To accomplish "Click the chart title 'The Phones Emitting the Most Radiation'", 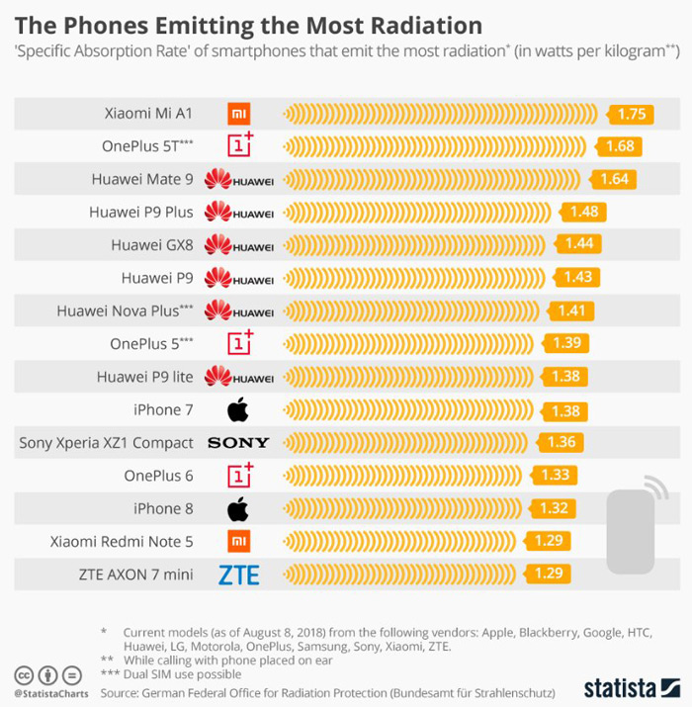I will (x=248, y=24).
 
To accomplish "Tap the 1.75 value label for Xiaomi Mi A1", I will (x=631, y=114).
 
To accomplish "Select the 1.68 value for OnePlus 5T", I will (x=619, y=146).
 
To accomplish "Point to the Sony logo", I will (x=238, y=443).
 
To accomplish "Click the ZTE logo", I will (x=238, y=574).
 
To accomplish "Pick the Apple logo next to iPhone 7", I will (x=237, y=409).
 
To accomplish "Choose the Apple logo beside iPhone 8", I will (x=237, y=509).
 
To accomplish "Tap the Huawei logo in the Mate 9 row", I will (x=238, y=180).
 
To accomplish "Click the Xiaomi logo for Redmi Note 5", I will (x=238, y=542).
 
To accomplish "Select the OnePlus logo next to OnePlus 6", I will (x=240, y=475).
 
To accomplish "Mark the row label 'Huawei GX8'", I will (x=152, y=245).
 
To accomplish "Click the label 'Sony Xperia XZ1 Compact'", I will (x=107, y=443).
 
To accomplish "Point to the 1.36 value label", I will (x=560, y=442).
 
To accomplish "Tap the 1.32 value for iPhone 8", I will (x=555, y=508).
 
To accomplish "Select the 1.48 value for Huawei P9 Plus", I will (x=583, y=212).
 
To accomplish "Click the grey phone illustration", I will (x=632, y=529).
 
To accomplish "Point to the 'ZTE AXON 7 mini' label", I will (x=137, y=574).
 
